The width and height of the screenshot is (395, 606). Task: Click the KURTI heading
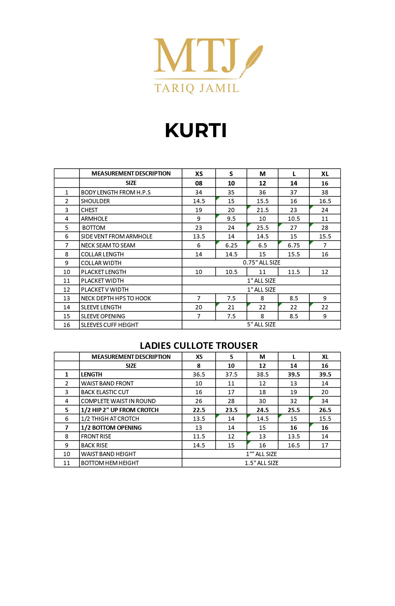196,130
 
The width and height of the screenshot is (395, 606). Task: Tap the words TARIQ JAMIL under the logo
196,88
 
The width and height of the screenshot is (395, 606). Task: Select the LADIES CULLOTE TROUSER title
199,345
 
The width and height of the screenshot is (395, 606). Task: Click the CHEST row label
89,210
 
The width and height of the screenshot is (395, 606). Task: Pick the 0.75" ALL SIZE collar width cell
261,263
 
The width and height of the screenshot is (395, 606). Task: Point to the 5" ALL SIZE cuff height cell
261,325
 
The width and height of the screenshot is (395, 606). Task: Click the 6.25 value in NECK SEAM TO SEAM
231,245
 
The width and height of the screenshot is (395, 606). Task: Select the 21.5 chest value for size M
263,210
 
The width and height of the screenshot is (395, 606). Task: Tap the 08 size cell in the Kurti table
199,183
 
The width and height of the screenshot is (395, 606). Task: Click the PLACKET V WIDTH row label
105,290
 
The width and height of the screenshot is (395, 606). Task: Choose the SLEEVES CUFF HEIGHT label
110,325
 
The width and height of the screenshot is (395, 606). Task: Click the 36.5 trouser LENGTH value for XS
199,374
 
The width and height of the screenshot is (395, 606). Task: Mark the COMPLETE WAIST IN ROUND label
118,401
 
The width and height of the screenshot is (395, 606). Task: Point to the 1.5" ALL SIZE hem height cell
261,463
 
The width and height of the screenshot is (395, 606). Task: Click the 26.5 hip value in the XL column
325,410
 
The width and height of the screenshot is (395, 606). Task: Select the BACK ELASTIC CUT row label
105,392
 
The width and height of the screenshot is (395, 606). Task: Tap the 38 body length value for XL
325,192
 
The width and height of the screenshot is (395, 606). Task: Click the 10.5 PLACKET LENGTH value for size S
231,272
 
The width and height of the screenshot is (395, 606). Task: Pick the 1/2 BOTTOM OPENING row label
111,428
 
